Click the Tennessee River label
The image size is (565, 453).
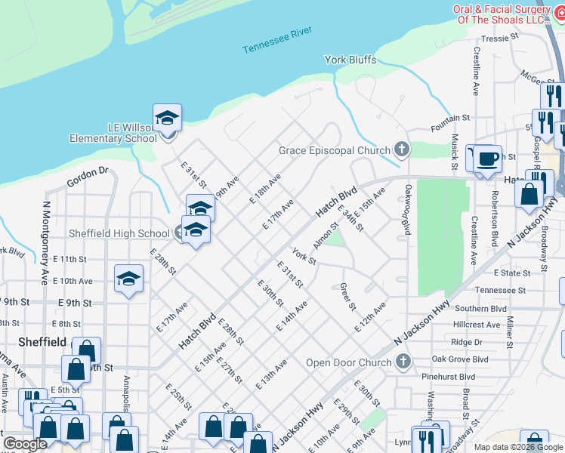point(277,40)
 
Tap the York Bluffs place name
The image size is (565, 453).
point(350,60)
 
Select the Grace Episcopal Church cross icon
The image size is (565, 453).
point(403,150)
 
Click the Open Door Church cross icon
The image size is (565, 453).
point(403,362)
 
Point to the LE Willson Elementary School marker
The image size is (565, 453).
point(167,119)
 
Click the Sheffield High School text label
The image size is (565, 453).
point(119,233)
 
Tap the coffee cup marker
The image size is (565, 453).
point(488,159)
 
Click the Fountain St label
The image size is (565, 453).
point(450,119)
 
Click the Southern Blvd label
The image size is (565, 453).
point(502,309)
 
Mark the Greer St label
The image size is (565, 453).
point(347,297)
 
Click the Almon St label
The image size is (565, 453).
point(326,242)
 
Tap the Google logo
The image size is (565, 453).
point(26,444)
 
